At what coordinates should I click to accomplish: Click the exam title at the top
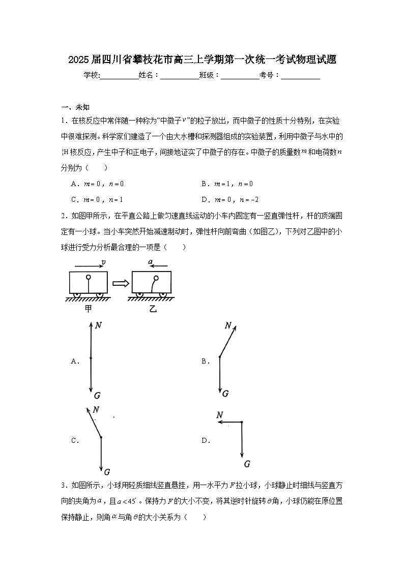[202, 60]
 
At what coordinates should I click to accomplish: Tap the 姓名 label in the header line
[148, 75]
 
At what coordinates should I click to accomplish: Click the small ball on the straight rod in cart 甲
[89, 278]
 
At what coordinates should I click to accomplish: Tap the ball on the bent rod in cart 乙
[156, 278]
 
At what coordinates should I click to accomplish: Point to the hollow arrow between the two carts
[120, 283]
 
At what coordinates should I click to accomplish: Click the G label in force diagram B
[225, 394]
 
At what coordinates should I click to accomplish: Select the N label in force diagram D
[220, 415]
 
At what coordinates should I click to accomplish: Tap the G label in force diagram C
[107, 471]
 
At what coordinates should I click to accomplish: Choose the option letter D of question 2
[206, 441]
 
